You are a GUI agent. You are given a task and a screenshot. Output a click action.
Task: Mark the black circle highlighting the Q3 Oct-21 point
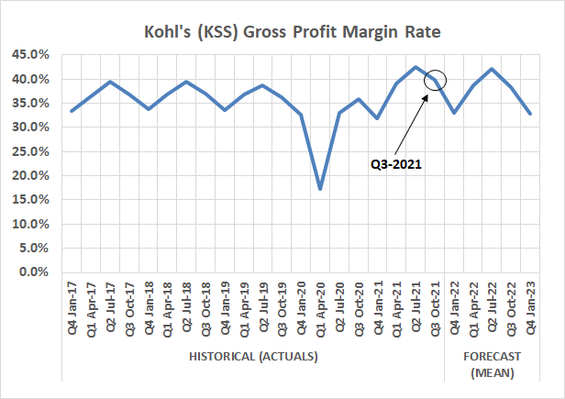pyautogui.click(x=436, y=81)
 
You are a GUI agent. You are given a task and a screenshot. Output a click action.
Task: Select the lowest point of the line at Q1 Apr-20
pyautogui.click(x=319, y=188)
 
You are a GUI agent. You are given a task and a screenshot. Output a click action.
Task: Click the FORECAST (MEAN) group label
pyautogui.click(x=492, y=364)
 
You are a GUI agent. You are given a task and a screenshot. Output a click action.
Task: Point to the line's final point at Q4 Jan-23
pyautogui.click(x=529, y=114)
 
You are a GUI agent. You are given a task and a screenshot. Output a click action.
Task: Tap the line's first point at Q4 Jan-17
pyautogui.click(x=72, y=111)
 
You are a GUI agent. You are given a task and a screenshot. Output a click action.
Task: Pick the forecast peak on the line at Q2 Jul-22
pyautogui.click(x=492, y=69)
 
